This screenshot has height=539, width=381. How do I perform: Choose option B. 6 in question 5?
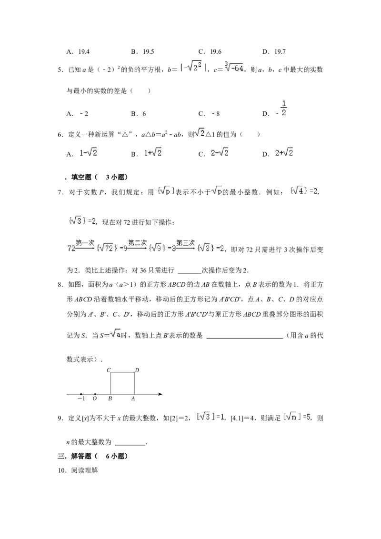(139, 114)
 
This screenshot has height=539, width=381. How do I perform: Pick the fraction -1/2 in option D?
(282, 109)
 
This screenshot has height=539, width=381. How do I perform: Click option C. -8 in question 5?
(209, 114)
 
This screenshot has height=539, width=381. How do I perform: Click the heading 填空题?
(81, 178)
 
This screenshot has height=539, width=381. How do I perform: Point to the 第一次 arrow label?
(85, 243)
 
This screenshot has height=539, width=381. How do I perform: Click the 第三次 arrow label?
(186, 243)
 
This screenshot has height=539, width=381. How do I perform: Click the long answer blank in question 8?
(244, 338)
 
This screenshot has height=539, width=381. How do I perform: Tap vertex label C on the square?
(109, 370)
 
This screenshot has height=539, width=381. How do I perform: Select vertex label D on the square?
(137, 370)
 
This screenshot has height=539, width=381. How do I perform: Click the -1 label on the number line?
(81, 399)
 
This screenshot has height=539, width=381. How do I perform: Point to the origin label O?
(95, 399)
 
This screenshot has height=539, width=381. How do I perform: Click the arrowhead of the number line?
(160, 394)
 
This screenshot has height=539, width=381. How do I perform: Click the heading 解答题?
(81, 457)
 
